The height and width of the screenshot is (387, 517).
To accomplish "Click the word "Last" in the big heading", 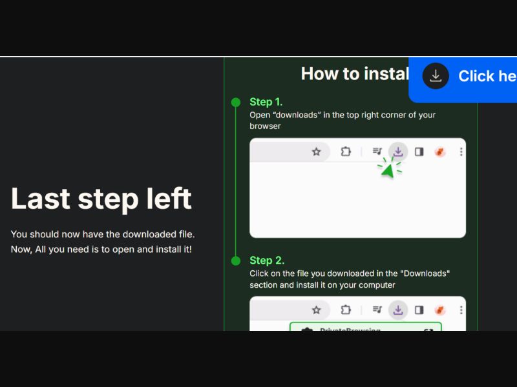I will pos(40,199).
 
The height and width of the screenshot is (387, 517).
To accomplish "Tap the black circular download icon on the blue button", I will pos(436,76).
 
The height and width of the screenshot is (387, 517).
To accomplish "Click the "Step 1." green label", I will pos(266,102).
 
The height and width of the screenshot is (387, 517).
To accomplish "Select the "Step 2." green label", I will pos(266,261).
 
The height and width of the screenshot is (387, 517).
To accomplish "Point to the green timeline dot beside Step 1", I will pos(236,102).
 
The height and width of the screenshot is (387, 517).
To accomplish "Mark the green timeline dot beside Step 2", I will pos(236,261).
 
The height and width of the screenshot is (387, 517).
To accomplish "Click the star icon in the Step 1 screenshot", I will pos(316,152).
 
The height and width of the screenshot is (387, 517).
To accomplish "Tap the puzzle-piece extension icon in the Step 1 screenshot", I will pos(346,152).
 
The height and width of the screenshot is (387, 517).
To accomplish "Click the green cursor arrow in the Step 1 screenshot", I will pos(388,168).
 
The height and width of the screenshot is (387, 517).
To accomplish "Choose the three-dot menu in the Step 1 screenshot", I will pos(461,152).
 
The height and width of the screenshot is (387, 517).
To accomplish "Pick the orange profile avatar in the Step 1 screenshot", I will pos(440,152).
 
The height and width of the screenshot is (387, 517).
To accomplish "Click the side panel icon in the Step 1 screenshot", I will pos(419,152).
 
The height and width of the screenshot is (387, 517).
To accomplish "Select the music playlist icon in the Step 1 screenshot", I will pos(377,152).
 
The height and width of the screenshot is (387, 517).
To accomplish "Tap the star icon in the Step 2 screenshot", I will pos(316,310).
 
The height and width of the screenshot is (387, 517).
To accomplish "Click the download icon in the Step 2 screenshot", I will pos(398,310).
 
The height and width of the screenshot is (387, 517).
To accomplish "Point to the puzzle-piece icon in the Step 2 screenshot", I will pos(346,310).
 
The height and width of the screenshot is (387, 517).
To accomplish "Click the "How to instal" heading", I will pos(355,74).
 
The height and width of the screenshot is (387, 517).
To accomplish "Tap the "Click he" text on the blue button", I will pos(487,76).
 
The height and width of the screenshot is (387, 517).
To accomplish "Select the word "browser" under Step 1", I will pos(265,126).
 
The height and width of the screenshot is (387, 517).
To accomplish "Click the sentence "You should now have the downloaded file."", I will pos(103,234).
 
